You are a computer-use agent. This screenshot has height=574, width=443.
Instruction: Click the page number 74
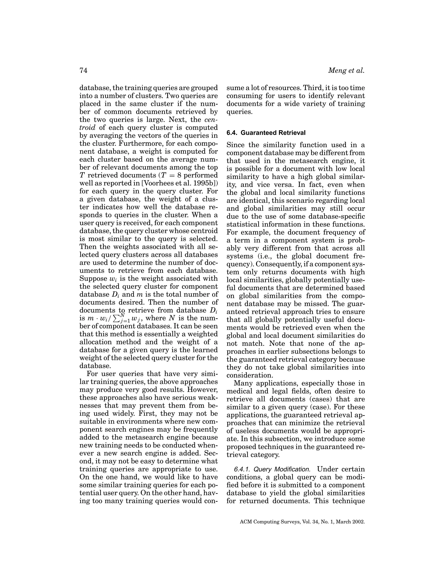(83, 70)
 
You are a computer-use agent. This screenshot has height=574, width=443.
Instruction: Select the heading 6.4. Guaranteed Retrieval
(266, 133)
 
